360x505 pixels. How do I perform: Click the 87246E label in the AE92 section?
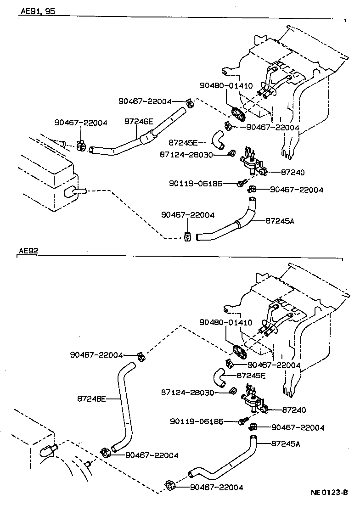[x=91, y=399]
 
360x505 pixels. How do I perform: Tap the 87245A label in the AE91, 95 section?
[x=280, y=221]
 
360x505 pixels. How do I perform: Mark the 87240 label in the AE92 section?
[x=294, y=410]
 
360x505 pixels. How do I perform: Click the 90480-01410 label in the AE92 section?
[x=225, y=322]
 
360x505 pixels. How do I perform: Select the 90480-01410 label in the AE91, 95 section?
[x=225, y=85]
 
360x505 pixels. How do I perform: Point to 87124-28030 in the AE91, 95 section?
[x=186, y=155]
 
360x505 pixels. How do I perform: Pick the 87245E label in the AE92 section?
[x=251, y=375]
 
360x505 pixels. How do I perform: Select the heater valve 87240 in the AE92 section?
[x=252, y=403]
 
